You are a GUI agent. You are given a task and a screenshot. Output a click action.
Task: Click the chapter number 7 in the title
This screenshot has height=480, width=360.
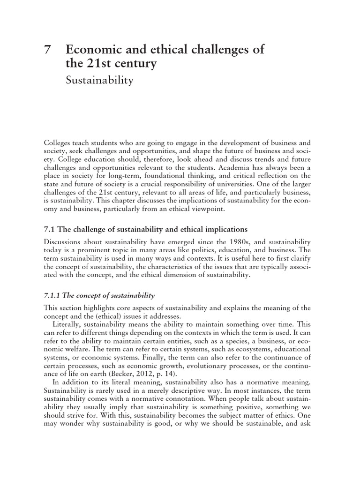[x=46, y=50]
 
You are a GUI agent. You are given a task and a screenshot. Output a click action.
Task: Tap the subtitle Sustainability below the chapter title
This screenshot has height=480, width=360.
[x=99, y=80]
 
